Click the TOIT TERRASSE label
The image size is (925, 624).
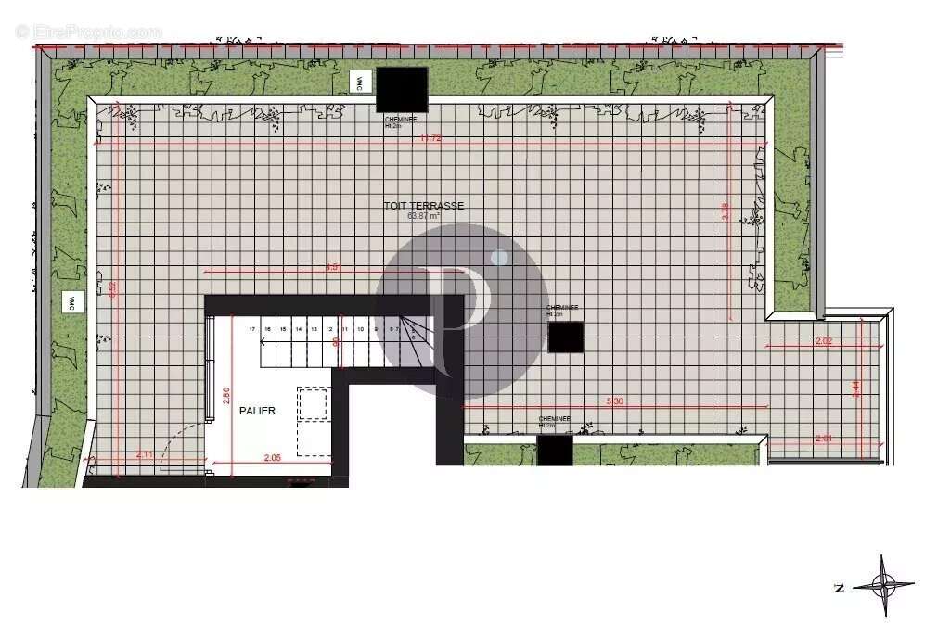423,206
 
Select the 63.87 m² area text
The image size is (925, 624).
423,215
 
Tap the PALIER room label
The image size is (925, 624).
257,410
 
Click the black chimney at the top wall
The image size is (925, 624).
402,89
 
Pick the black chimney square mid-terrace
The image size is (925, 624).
565,337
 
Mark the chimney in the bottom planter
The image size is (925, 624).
555,451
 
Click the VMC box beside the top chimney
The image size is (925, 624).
357,82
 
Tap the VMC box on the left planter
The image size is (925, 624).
69,301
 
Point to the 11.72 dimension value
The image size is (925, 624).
429,138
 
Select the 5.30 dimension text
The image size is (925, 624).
614,401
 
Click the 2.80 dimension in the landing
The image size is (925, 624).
225,397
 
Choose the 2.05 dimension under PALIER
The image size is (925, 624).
272,457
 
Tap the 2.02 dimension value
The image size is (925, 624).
823,341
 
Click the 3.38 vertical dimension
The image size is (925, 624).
725,211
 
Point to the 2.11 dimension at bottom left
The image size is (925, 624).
144,454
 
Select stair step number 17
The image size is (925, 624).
251,329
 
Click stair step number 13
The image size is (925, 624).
314,329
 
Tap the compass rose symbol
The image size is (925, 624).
883,584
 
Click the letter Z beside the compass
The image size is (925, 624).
839,587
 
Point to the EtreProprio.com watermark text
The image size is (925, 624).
88,31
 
